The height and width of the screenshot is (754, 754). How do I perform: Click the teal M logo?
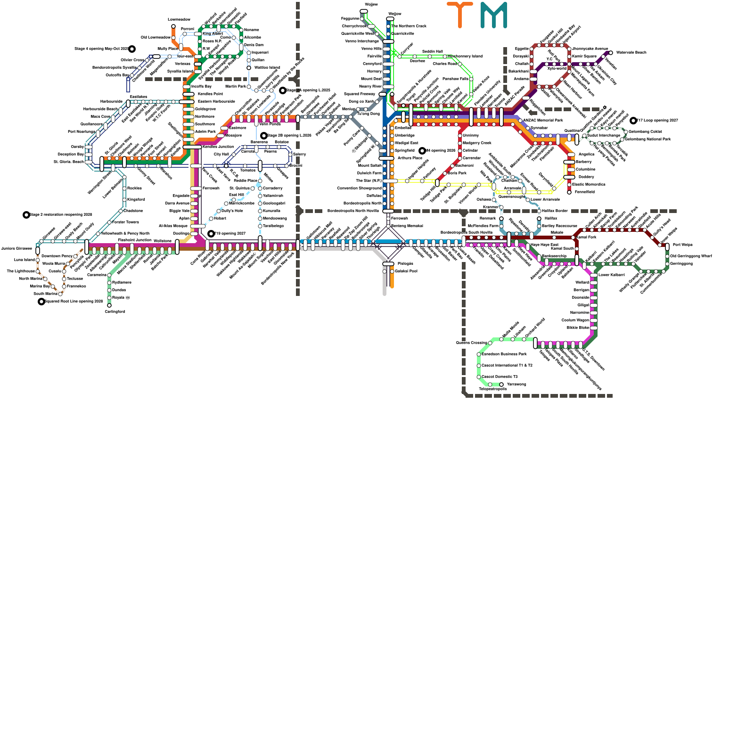tap(494, 15)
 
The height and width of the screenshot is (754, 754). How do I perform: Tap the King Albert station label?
tap(213, 34)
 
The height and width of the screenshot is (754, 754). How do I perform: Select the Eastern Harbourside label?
tap(216, 101)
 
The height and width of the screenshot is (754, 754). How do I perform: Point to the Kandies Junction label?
tap(218, 147)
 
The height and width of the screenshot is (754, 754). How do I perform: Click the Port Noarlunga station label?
tap(82, 131)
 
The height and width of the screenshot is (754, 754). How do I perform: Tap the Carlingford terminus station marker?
tap(109, 305)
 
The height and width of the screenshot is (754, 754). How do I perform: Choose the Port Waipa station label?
tap(682, 245)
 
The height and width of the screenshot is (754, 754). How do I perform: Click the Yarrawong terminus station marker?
tap(501, 385)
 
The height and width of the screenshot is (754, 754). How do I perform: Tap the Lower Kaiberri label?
tap(611, 275)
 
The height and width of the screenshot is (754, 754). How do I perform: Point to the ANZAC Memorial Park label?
tap(543, 120)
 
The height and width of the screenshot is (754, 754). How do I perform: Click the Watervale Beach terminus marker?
tap(611, 53)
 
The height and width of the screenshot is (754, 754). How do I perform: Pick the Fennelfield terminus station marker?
tap(569, 192)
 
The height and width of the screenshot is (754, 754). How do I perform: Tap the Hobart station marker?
tap(211, 219)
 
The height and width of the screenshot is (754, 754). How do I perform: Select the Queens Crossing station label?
tap(471, 343)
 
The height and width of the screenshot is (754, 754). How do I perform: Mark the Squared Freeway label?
tap(360, 94)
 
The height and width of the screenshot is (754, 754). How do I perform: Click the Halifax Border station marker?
tap(539, 211)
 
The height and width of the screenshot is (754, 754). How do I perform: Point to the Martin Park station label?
tap(236, 86)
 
